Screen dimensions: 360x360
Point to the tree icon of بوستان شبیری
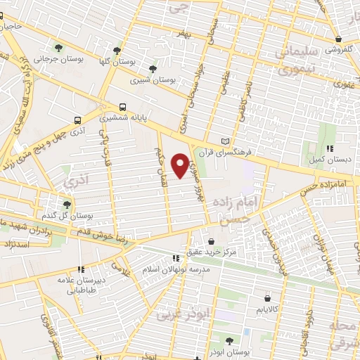tap(153, 69)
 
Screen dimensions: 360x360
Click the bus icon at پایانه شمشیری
tap(123, 108)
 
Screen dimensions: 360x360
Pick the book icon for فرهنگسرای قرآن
tap(225, 141)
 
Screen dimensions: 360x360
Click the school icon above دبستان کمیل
tap(329, 148)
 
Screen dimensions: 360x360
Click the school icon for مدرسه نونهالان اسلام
tap(176, 259)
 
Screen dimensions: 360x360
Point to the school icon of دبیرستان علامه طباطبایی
tap(81, 269)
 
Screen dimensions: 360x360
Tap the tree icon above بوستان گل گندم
tap(67, 204)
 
